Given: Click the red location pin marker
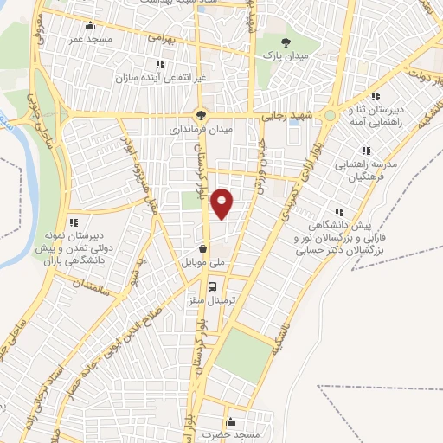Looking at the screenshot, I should pyautogui.click(x=222, y=202).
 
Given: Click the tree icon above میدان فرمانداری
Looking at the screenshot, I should pyautogui.click(x=201, y=114).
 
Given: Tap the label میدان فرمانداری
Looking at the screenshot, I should pyautogui.click(x=201, y=129).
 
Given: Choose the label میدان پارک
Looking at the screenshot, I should pyautogui.click(x=286, y=54).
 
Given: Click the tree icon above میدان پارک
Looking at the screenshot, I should pyautogui.click(x=286, y=40).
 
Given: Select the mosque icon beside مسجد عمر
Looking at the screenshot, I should pyautogui.click(x=92, y=25).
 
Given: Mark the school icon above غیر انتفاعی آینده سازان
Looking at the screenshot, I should pyautogui.click(x=159, y=64).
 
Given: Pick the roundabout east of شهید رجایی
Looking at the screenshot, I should pyautogui.click(x=330, y=115).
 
